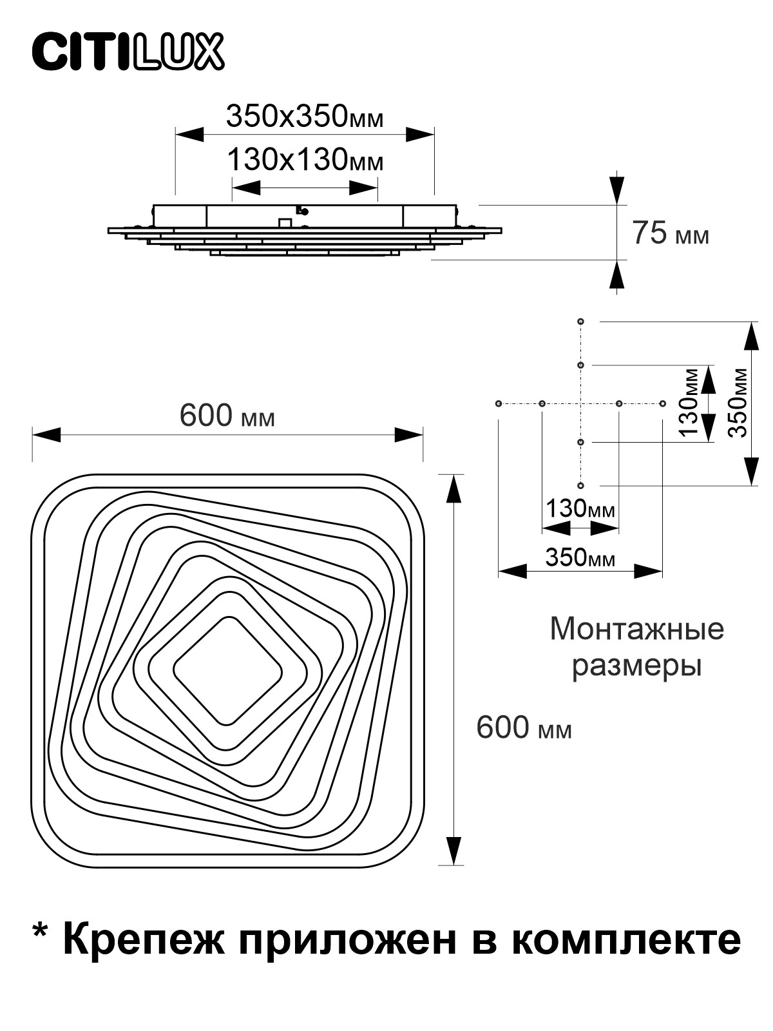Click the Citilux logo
(x=128, y=53)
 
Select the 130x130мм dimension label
(x=305, y=160)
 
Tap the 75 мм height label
(x=670, y=233)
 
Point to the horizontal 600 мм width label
(x=227, y=416)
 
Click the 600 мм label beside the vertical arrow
(x=523, y=728)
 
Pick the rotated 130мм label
(x=691, y=403)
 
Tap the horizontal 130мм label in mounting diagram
(x=580, y=509)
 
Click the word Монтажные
(x=636, y=629)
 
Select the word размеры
(x=636, y=666)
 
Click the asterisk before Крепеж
(x=41, y=932)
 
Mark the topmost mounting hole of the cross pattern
(x=580, y=321)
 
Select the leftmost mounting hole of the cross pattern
(x=499, y=403)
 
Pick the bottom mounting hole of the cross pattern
(x=580, y=485)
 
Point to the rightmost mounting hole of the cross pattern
(x=662, y=403)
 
